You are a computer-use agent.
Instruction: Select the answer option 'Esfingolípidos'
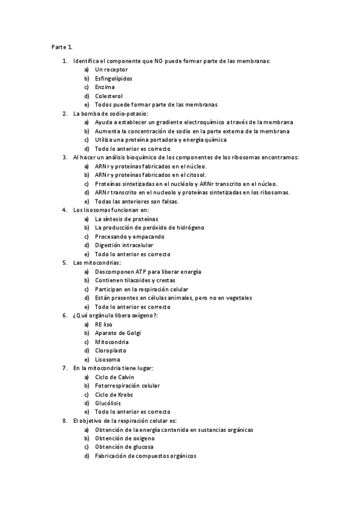[114, 79]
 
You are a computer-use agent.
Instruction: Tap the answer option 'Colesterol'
[109, 96]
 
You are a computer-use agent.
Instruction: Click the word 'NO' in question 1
[158, 61]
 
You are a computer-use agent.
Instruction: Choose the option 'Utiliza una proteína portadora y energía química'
[160, 140]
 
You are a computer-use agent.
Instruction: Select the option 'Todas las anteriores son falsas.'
[136, 201]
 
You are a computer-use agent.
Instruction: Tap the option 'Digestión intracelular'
[124, 245]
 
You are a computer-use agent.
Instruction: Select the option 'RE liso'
[104, 324]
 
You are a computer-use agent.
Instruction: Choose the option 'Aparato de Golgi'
[118, 333]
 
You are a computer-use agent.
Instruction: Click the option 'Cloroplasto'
[111, 351]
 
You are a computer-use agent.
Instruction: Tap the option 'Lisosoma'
[108, 360]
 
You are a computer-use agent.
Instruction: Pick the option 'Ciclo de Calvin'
[115, 377]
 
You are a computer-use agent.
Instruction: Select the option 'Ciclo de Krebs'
[114, 395]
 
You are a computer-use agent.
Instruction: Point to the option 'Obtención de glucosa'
[124, 447]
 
